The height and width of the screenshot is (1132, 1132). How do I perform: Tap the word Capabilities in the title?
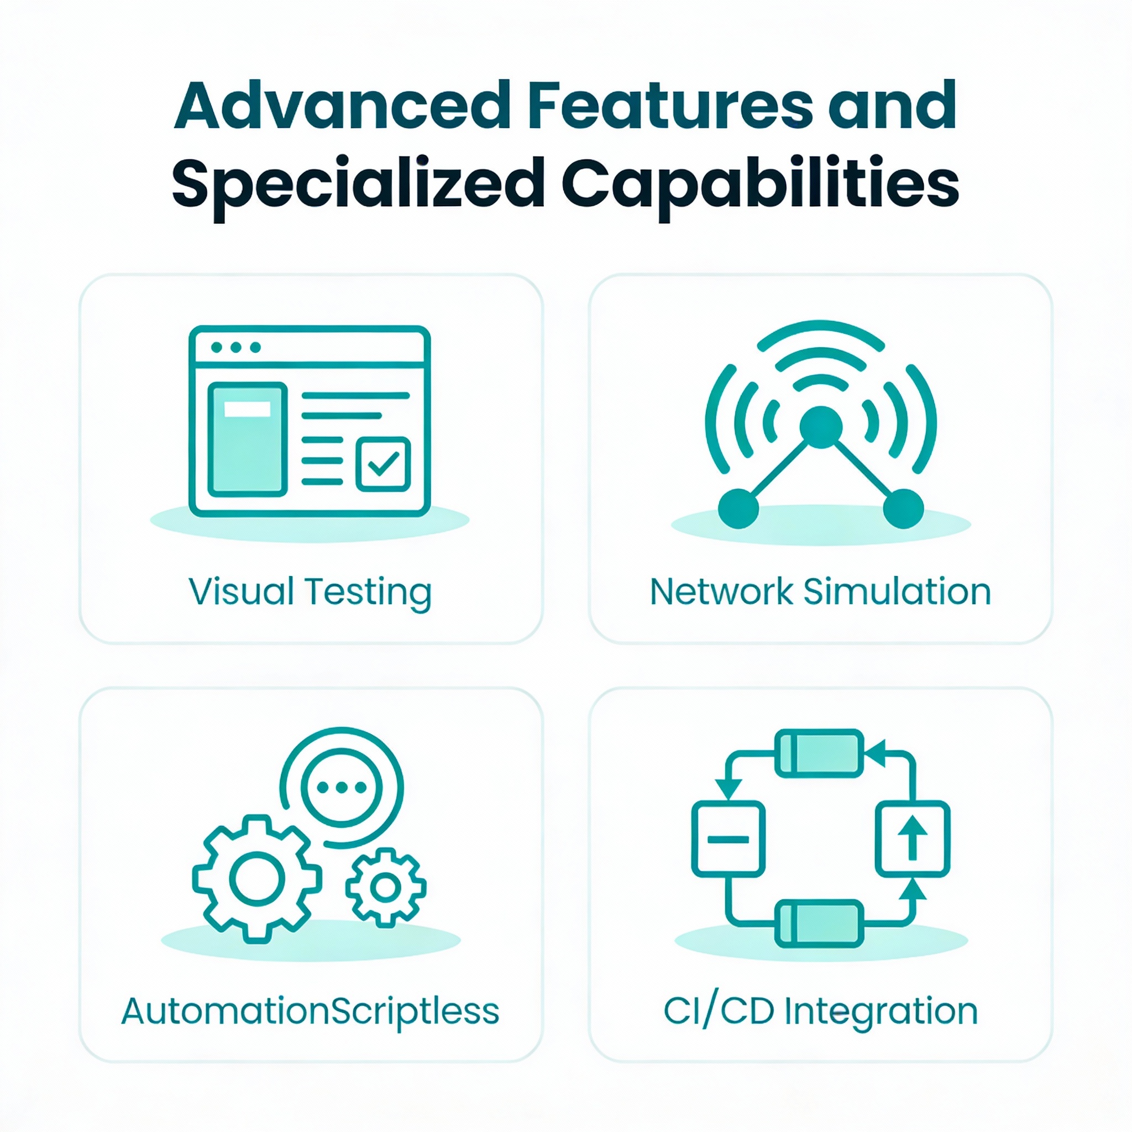point(761,184)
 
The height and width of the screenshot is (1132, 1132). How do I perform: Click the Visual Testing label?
point(310,592)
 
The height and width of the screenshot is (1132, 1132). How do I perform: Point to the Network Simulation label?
point(820,592)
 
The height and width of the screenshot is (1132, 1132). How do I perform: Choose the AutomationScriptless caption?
point(310,1011)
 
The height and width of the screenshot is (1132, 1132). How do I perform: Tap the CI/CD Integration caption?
point(820,1011)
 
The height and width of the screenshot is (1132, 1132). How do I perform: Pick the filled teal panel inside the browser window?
point(247,439)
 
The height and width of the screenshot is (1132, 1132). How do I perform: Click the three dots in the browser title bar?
point(235,348)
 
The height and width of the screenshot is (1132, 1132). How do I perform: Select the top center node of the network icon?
point(820,427)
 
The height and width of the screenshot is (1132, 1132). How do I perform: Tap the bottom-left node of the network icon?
point(738,508)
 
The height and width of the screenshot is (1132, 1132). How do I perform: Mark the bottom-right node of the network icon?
point(903,508)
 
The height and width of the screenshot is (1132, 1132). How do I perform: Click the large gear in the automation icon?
point(256,878)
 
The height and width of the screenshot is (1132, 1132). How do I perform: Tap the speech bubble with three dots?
point(342,788)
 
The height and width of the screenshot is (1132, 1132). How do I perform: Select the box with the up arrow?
point(912,838)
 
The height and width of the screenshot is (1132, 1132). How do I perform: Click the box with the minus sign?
point(729,838)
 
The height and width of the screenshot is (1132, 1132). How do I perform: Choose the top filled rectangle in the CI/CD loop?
point(819,753)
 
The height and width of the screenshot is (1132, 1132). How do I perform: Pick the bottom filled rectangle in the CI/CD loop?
point(819,924)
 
